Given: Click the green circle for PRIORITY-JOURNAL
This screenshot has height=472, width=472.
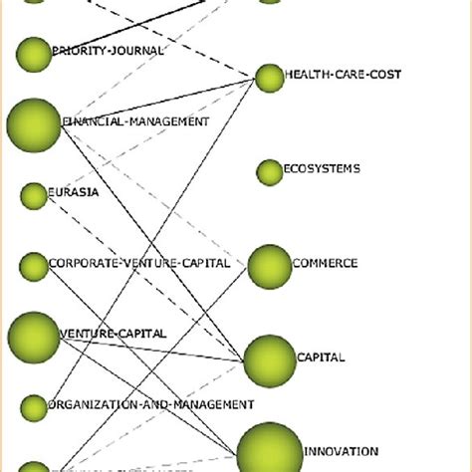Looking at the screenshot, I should pos(34,55).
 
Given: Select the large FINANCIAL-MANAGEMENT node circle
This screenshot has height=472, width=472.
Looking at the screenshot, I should pos(34,124).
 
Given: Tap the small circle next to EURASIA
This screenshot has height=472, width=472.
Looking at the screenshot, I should pos(34,196).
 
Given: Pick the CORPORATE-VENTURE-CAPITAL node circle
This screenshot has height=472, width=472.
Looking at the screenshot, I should pos(34,266).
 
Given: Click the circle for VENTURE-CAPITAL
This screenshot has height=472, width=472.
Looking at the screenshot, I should pos(34,336).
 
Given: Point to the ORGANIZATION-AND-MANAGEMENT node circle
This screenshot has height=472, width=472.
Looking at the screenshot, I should pos(34,407).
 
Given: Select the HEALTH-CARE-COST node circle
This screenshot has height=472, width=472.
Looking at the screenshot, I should pos(270,78).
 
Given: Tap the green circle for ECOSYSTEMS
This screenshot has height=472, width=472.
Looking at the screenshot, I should pos(270,172).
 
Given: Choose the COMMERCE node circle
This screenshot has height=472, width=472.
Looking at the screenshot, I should pos(269,266).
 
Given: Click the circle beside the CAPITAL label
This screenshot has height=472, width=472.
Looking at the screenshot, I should pos(270,359).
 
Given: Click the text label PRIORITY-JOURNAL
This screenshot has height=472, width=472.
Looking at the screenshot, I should pos(108,50).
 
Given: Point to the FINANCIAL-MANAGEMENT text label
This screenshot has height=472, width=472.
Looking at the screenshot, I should pos(136,121).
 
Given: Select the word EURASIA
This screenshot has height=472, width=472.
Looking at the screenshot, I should pos(74,193).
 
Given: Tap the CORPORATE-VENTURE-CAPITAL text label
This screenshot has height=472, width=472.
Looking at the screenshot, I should pos(139,264).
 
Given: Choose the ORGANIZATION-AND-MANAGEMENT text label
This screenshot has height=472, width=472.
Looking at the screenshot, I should pos(151,405).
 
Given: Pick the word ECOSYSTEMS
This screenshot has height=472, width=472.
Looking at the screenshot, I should pos(322,169).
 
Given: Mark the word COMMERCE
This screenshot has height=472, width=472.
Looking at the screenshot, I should pos(325,264).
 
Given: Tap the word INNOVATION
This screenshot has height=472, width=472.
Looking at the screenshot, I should pos(341,451).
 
